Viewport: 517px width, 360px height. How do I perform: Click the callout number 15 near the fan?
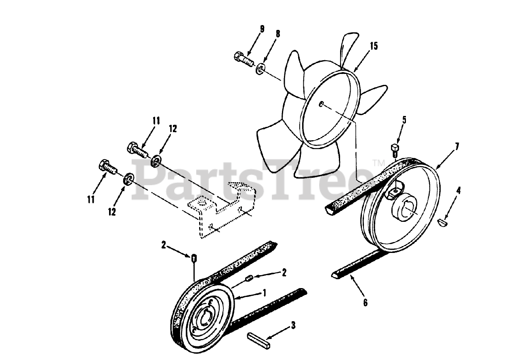pos(374,46)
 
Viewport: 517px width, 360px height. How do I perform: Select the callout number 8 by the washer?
pos(278,34)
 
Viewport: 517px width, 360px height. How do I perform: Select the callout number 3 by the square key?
pos(293,324)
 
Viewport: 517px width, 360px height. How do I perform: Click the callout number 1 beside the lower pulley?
pos(264,292)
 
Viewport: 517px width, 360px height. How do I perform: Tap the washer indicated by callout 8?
pos(261,68)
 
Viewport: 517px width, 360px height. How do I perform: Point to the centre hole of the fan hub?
pos(321,104)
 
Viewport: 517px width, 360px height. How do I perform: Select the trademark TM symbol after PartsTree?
pos(379,163)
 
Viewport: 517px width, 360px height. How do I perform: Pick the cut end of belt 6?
pos(335,275)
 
